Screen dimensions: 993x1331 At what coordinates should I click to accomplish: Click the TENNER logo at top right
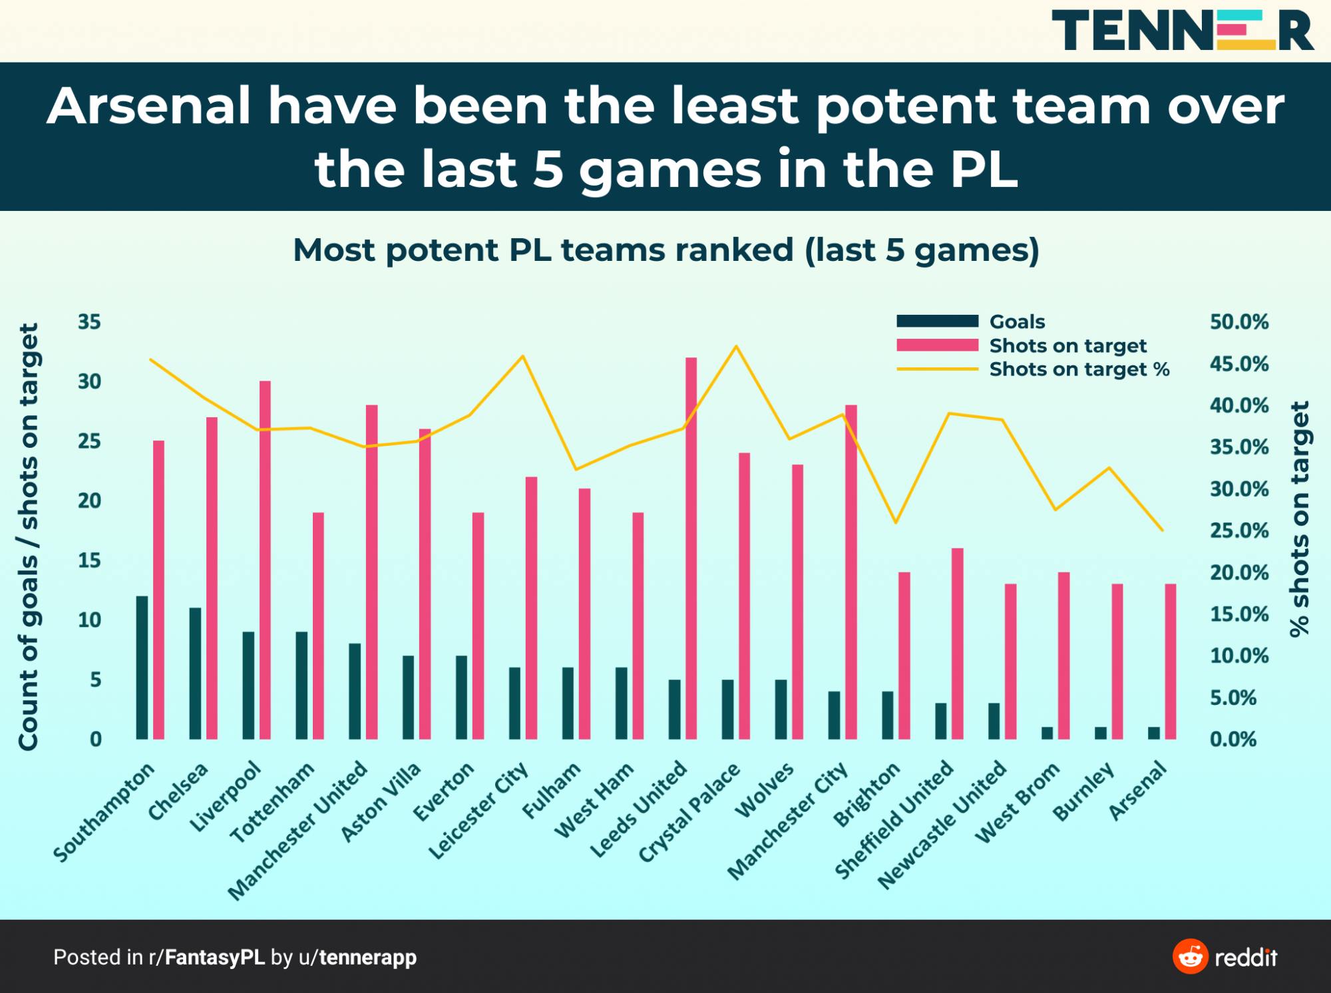click(x=1183, y=30)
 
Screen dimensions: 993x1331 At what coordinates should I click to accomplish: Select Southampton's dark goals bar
click(x=142, y=667)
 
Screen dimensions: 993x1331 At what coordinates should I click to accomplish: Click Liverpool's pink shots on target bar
click(x=265, y=560)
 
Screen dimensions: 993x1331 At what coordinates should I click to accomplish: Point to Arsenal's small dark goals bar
click(x=1154, y=732)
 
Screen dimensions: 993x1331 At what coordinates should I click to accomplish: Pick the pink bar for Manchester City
click(x=851, y=572)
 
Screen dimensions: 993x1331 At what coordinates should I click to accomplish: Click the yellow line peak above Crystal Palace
click(x=736, y=346)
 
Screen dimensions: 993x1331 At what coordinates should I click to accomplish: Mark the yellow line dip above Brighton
click(x=896, y=522)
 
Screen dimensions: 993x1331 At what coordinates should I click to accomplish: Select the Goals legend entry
click(x=1017, y=321)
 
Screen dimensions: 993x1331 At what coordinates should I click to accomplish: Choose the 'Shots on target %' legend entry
click(x=1079, y=369)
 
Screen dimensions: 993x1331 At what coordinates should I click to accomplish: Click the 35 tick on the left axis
click(x=89, y=322)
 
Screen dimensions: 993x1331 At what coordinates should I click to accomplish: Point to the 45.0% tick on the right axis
click(x=1239, y=364)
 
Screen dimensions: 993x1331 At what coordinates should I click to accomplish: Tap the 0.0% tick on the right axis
click(x=1233, y=739)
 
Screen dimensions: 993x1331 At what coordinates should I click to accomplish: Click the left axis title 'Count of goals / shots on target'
click(x=29, y=536)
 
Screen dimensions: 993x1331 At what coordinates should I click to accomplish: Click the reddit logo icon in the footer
click(x=1190, y=956)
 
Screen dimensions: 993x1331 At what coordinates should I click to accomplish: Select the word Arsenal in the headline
click(x=149, y=106)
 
